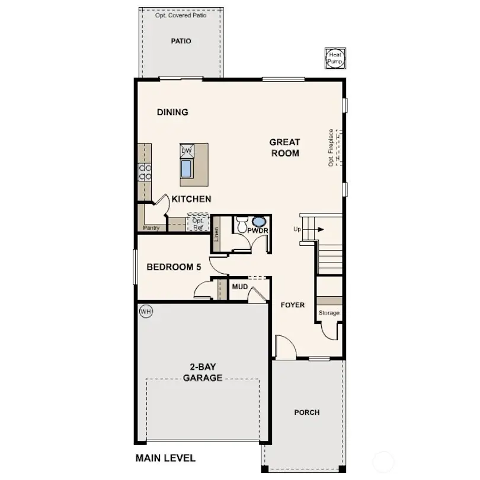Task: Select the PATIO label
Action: (x=181, y=41)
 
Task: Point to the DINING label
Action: (x=172, y=112)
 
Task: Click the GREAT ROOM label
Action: (x=285, y=148)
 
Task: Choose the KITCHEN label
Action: (x=191, y=199)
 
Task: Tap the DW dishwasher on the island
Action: (x=187, y=151)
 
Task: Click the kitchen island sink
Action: (x=187, y=169)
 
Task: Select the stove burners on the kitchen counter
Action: (x=145, y=172)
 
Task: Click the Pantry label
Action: (x=151, y=228)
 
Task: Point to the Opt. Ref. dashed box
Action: (x=197, y=223)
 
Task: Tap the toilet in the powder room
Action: (x=242, y=225)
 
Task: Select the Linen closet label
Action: (x=217, y=236)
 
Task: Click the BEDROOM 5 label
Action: (x=174, y=267)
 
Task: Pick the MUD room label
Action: (x=239, y=287)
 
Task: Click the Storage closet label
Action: (x=329, y=313)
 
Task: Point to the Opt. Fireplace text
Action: (x=331, y=148)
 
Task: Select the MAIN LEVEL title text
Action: (x=165, y=458)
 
